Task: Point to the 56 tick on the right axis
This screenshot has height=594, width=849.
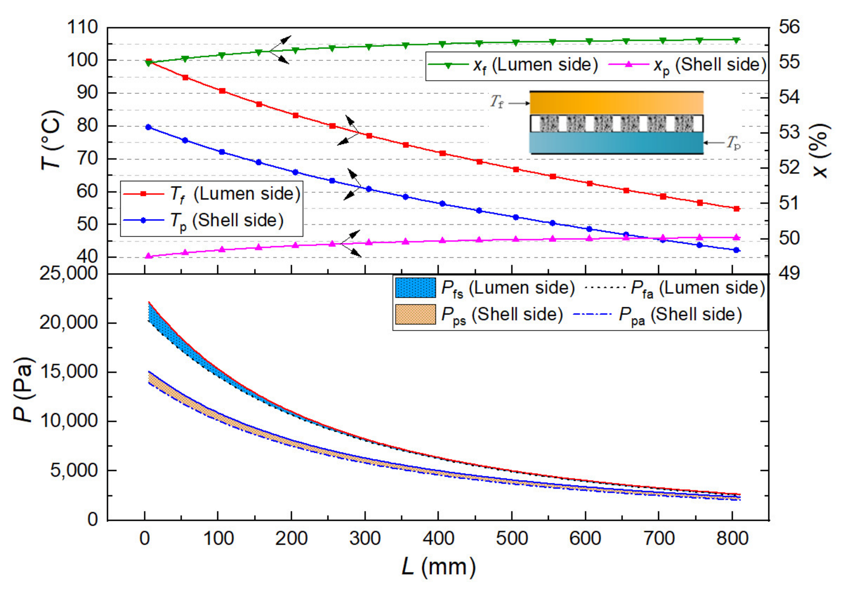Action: click(x=789, y=27)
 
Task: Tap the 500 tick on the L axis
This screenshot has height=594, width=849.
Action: click(x=512, y=538)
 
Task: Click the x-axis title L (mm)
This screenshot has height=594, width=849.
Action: click(x=439, y=567)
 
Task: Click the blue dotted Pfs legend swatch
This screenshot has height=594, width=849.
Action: click(x=415, y=288)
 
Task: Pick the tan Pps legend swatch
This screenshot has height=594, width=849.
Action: click(x=415, y=315)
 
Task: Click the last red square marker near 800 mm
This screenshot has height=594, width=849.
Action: click(x=736, y=209)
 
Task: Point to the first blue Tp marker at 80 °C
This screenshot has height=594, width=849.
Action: click(x=149, y=127)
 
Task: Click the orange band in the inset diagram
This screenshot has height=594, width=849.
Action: click(x=616, y=103)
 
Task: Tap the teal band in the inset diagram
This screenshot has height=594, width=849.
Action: click(x=616, y=143)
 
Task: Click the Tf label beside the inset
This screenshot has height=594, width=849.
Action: click(x=497, y=102)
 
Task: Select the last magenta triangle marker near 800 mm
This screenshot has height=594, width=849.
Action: click(x=736, y=237)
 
